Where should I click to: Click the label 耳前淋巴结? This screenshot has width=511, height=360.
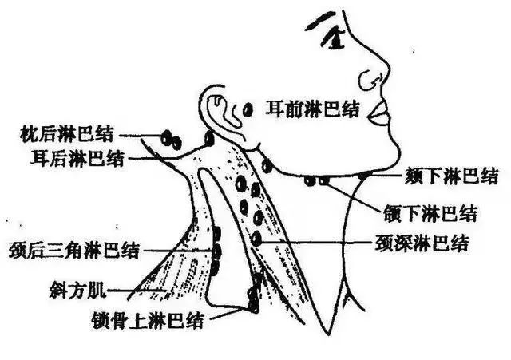[x=313, y=109]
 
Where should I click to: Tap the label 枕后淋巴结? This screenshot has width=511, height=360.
[x=67, y=133]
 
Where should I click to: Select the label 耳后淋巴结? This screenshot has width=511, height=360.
[x=77, y=158]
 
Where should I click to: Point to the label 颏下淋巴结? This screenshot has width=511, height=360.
[x=452, y=176]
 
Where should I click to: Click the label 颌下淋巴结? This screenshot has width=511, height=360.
[x=430, y=213]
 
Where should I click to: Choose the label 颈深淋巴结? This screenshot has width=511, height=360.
[x=422, y=243]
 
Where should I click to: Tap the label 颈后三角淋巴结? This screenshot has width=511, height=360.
[x=74, y=250]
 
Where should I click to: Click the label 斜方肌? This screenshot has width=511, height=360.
[x=78, y=290]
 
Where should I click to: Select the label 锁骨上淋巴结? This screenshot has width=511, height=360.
[x=148, y=320]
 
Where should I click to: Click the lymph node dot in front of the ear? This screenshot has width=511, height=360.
[x=248, y=109]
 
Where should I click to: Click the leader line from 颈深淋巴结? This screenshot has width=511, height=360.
[x=316, y=242]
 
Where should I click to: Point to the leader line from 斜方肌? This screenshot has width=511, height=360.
[x=137, y=290]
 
